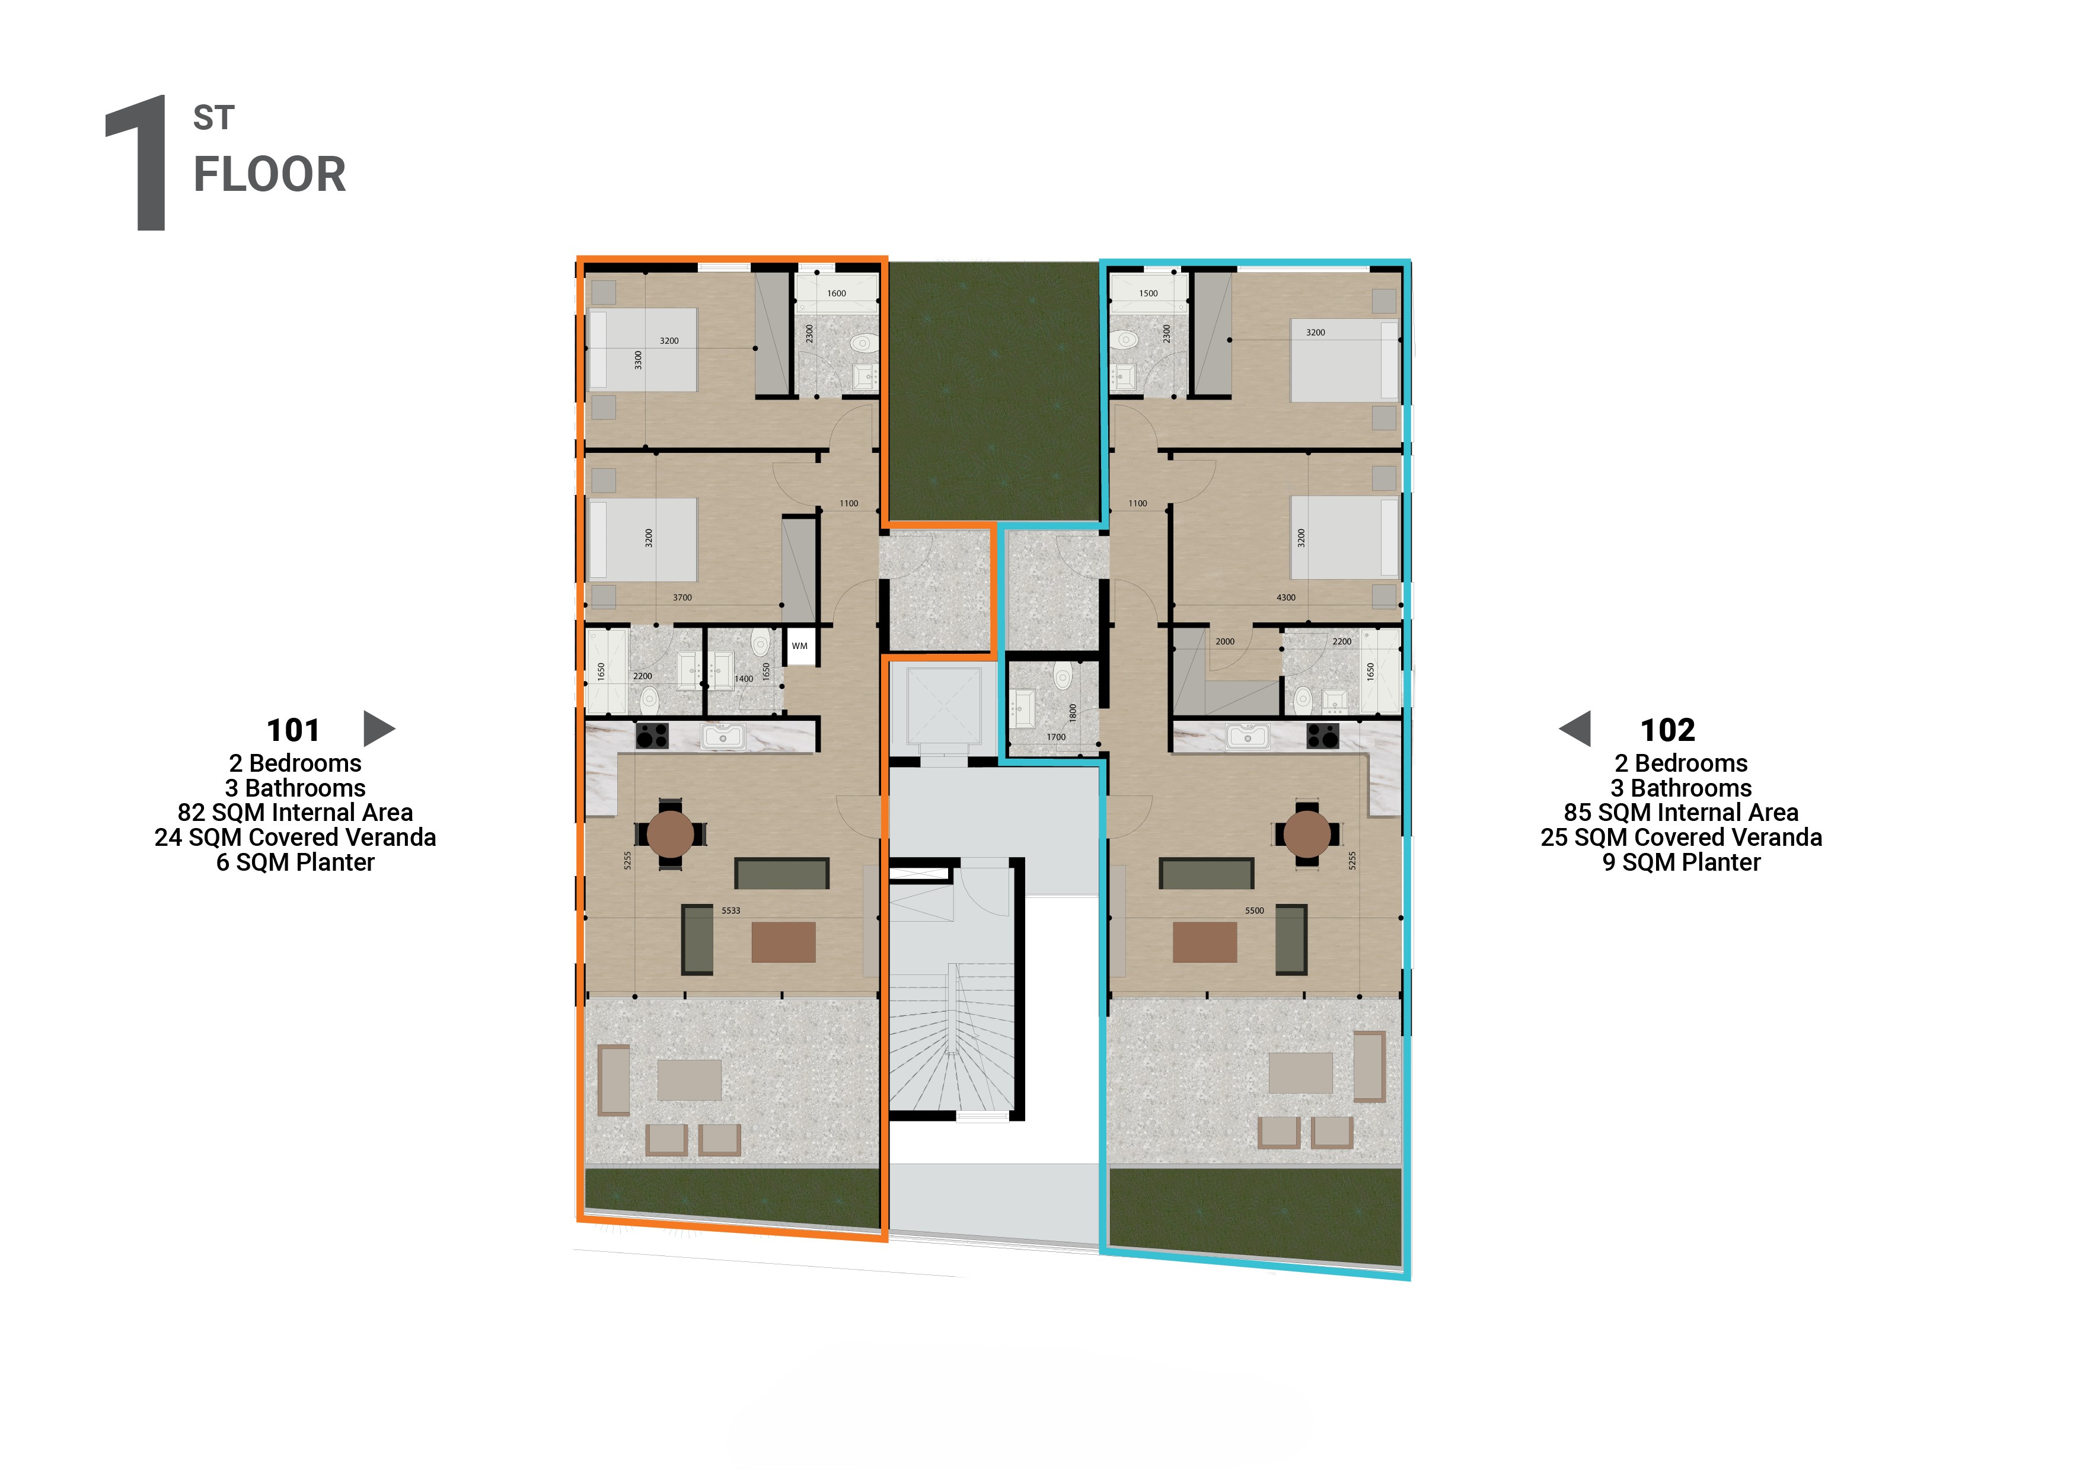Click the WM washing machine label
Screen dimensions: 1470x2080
(799, 645)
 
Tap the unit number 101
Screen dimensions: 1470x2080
(293, 730)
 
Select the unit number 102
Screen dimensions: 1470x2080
(1667, 730)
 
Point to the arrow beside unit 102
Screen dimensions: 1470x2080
(1575, 728)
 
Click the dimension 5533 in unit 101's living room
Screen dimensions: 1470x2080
(730, 910)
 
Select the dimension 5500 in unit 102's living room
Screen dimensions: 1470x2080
(1254, 910)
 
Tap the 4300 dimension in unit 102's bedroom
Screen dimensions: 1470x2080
(1285, 598)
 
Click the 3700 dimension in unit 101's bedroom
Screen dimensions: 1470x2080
(682, 598)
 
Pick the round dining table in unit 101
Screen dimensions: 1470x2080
(671, 833)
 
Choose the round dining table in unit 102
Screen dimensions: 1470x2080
(1307, 833)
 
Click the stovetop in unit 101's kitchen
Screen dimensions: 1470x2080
(652, 736)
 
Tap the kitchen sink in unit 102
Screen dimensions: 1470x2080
(1248, 736)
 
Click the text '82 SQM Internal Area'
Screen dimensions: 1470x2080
(295, 813)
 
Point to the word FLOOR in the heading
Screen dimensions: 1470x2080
(270, 175)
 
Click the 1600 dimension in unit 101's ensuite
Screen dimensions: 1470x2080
(836, 293)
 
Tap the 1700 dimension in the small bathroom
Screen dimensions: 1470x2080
(1055, 737)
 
